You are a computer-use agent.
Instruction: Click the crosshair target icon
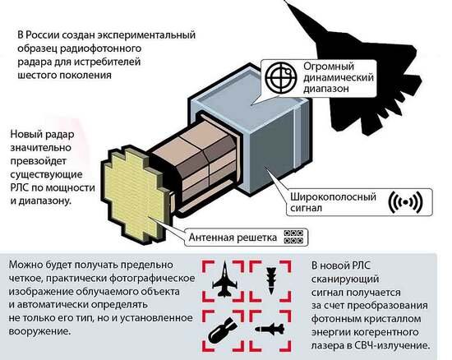pyautogui.click(x=281, y=77)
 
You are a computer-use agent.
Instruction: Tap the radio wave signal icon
pyautogui.click(x=406, y=202)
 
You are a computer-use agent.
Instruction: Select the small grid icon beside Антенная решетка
pyautogui.click(x=293, y=237)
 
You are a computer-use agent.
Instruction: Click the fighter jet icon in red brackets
pyautogui.click(x=224, y=279)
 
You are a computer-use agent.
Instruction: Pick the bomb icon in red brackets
pyautogui.click(x=222, y=331)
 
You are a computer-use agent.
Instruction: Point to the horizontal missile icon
pyautogui.click(x=270, y=329)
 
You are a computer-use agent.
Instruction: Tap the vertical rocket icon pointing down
pyautogui.click(x=271, y=280)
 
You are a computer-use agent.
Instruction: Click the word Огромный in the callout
pyautogui.click(x=329, y=67)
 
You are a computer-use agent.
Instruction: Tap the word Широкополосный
pyautogui.click(x=333, y=197)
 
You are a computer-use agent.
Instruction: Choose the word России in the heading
pyautogui.click(x=43, y=35)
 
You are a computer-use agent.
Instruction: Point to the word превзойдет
pyautogui.click(x=39, y=161)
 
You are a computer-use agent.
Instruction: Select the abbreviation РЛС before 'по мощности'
pyautogui.click(x=20, y=187)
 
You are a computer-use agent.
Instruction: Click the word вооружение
pyautogui.click(x=39, y=331)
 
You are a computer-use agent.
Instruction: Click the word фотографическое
pyautogui.click(x=153, y=279)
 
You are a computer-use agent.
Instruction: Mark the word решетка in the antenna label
pyautogui.click(x=256, y=238)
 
